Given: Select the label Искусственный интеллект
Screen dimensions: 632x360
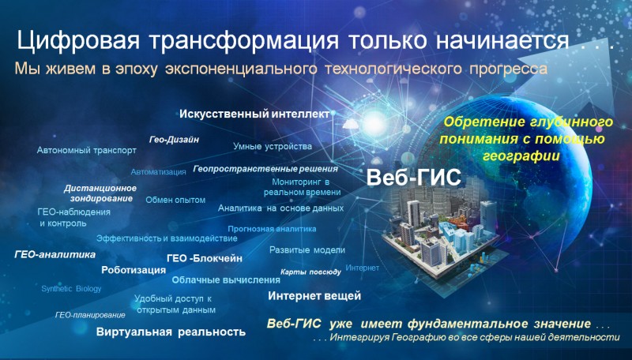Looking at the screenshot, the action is point(254,114).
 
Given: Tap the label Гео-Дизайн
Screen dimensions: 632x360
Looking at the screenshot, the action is point(174,140).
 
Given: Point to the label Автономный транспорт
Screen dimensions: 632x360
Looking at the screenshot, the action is point(87,151).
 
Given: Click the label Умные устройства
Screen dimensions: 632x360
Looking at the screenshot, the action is point(273,146).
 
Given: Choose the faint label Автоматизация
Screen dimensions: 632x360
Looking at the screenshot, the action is point(159,172).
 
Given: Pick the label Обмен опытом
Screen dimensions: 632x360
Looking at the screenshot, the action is point(175,200).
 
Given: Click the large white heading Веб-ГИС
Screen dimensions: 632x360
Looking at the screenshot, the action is point(413,177).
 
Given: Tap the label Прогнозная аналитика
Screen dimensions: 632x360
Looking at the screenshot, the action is point(272,229).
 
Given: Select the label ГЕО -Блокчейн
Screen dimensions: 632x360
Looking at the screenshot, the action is point(205,258).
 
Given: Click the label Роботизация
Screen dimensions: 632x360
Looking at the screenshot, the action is point(134,270).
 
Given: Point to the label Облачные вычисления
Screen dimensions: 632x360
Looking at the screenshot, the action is point(226,279).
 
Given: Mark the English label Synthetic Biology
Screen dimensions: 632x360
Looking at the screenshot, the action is point(71,289).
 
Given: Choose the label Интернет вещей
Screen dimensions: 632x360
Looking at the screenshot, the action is point(314,296).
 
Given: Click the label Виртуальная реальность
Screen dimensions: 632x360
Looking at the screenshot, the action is point(171,332).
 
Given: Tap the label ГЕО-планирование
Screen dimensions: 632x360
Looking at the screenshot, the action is point(90,315).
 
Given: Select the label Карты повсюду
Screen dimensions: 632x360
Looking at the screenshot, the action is point(310,272).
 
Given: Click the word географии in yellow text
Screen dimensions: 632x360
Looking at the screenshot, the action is point(521,156).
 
